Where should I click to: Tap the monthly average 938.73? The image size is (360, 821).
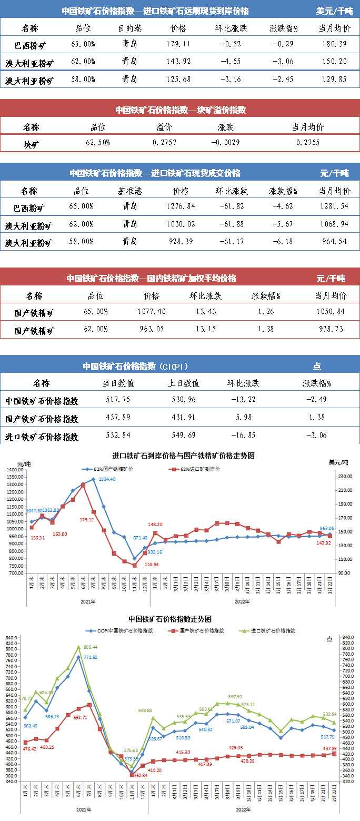(330, 329)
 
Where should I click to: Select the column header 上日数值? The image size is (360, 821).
(184, 383)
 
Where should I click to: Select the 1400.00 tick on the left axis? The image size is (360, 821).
(16, 470)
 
